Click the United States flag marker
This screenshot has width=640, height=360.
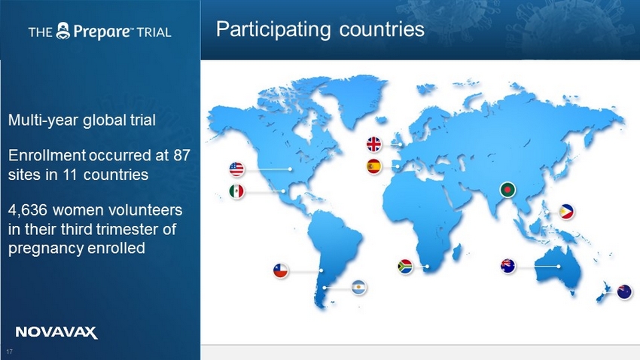236,169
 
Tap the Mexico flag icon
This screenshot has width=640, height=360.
236,191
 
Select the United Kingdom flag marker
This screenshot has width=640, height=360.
374,144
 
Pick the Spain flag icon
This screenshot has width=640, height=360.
374,166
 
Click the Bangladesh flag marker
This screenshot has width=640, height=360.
507,190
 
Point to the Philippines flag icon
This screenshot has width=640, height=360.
566,212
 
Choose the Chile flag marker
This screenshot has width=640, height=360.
280,270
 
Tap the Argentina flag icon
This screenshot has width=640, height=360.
358,288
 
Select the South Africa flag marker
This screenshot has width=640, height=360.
405,267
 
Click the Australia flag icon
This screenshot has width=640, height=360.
508,266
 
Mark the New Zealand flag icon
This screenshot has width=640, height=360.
624,291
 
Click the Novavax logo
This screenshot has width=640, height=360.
56,332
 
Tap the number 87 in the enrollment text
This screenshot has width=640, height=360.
181,155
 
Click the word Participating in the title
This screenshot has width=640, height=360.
273,29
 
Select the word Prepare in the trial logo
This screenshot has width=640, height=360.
102,32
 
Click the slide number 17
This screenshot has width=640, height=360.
9,352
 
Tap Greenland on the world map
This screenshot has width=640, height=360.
356,98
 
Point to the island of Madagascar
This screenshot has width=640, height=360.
457,252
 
